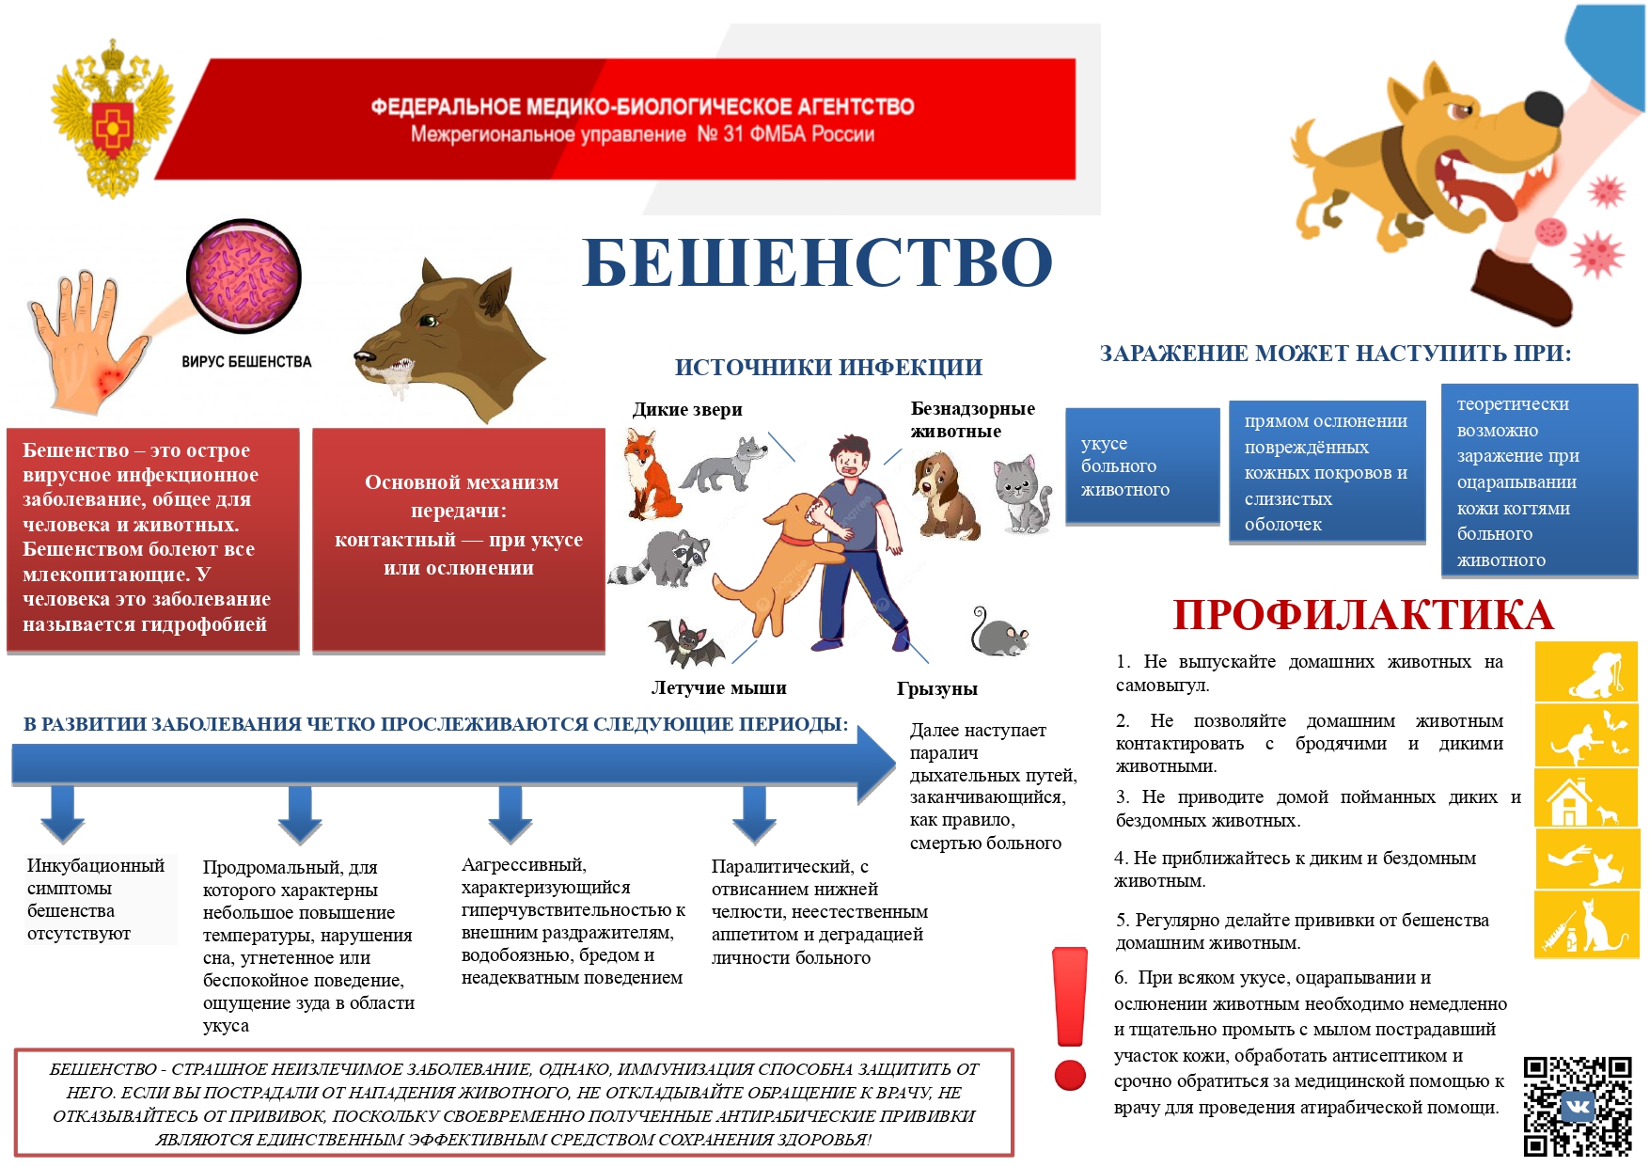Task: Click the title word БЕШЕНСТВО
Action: [x=816, y=262]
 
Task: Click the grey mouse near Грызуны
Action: [x=999, y=633]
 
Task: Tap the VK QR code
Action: [x=1577, y=1106]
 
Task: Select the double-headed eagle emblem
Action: [x=113, y=118]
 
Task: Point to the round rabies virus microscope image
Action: [x=244, y=276]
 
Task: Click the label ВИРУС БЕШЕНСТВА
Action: [x=246, y=362]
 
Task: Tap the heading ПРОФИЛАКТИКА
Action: [x=1363, y=615]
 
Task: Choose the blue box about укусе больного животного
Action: [x=1142, y=466]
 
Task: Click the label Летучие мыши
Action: [x=719, y=688]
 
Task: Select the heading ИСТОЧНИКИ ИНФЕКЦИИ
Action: [x=828, y=368]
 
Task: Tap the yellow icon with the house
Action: [x=1585, y=797]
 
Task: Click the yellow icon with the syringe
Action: [x=1585, y=925]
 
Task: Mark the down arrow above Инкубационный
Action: [x=63, y=814]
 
